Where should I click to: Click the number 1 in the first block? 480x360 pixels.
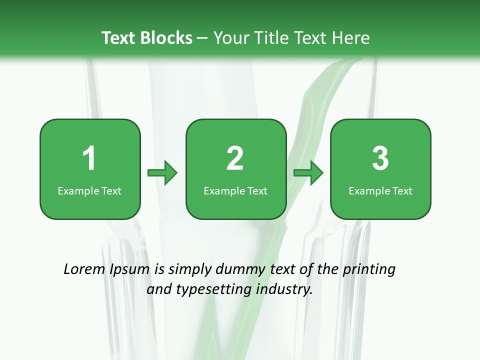pos(89,158)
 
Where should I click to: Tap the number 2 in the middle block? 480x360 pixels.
pos(235,158)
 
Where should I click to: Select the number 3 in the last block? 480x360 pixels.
pos(380,158)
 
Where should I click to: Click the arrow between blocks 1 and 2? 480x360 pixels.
pos(162,173)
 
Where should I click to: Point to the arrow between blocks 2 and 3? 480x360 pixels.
pos(308,173)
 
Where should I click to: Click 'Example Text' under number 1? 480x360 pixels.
pos(89,190)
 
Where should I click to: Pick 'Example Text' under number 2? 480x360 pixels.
pos(235,190)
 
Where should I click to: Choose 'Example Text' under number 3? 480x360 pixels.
pos(380,190)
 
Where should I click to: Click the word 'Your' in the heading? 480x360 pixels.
pos(230,38)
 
